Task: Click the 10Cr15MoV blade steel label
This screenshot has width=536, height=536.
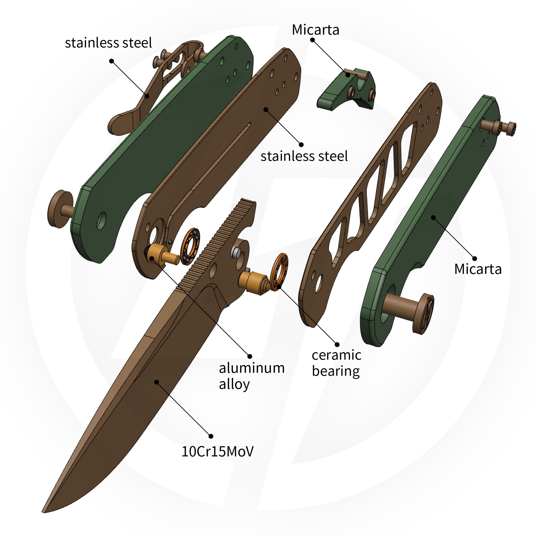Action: click(x=218, y=451)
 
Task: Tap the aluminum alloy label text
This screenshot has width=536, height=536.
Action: click(x=252, y=376)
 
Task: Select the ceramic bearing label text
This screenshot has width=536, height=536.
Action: click(x=337, y=363)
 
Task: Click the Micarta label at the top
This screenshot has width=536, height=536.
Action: click(x=315, y=30)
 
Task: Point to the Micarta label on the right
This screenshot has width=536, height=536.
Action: click(x=478, y=269)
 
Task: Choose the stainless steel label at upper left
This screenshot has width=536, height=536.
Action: click(x=109, y=43)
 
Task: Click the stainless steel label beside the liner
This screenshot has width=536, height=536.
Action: click(x=304, y=156)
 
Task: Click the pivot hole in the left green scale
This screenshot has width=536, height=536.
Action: click(x=102, y=221)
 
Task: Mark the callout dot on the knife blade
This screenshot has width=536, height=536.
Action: click(x=157, y=382)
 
